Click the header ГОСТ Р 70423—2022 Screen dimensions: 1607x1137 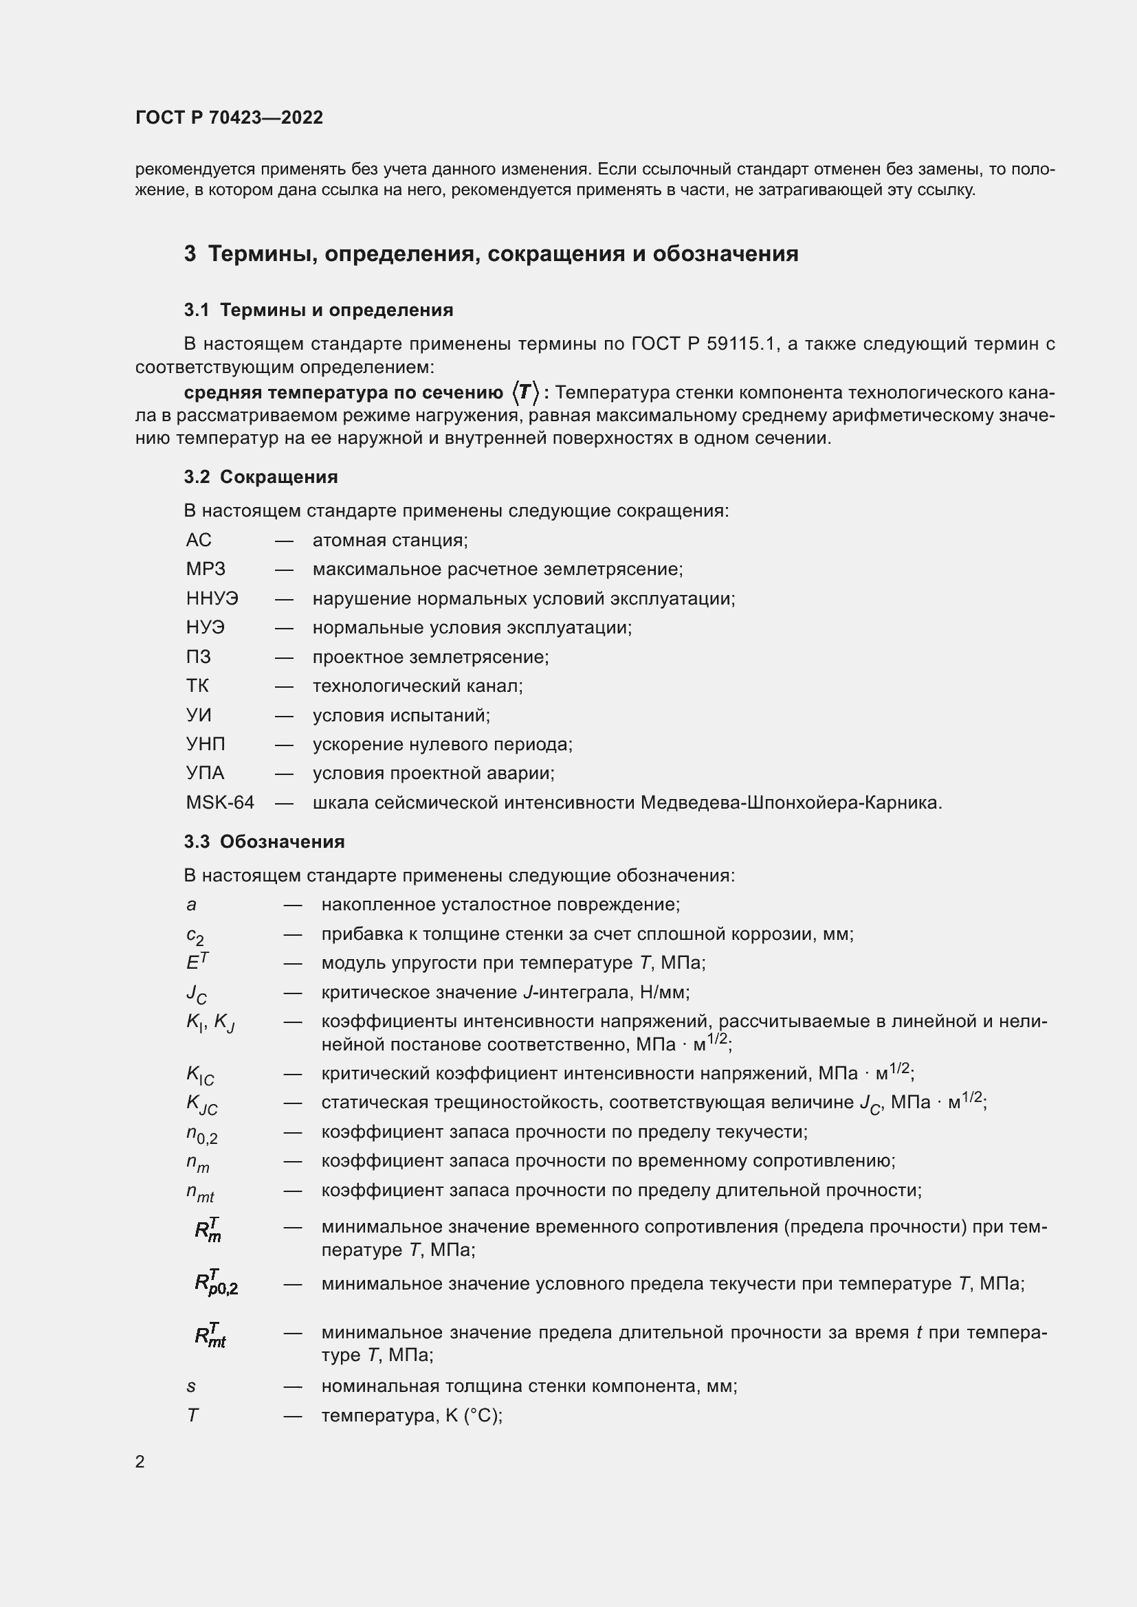(x=229, y=117)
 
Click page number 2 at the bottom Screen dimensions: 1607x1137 (x=140, y=1461)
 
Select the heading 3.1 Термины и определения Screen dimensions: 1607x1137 (x=318, y=310)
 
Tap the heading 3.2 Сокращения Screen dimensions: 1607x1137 (x=261, y=477)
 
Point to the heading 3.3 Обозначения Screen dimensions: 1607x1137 (x=264, y=842)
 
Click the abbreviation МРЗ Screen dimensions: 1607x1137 (x=206, y=569)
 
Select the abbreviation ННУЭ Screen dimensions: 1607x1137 (x=212, y=598)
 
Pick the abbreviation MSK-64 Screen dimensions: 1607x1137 (x=220, y=802)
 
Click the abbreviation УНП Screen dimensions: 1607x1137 (x=206, y=744)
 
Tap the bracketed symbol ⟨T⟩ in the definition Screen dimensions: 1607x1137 (x=525, y=393)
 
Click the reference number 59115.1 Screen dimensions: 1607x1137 (x=743, y=344)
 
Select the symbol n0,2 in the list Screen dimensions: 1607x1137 (x=201, y=1134)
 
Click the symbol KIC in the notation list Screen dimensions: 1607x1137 (x=200, y=1076)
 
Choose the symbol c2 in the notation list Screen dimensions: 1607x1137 (x=195, y=936)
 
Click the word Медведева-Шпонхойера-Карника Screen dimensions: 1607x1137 (x=791, y=802)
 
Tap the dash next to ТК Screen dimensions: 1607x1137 (x=283, y=686)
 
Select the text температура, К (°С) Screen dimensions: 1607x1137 (x=412, y=1415)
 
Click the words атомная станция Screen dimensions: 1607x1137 (x=390, y=539)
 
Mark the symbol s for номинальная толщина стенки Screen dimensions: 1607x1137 (x=191, y=1386)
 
